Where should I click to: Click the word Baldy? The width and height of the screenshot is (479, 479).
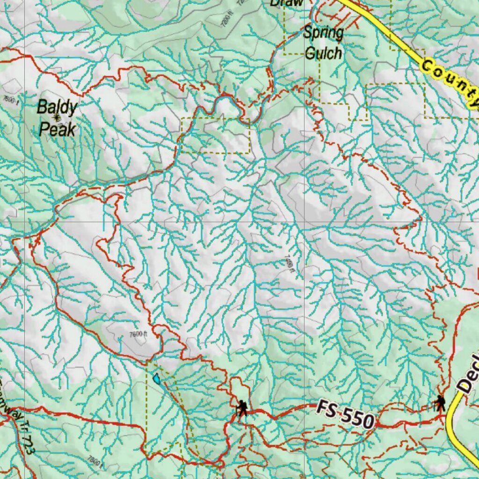tap(57, 107)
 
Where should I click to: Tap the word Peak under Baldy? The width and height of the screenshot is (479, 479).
tap(57, 129)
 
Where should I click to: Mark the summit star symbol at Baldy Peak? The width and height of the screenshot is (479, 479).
tap(57, 118)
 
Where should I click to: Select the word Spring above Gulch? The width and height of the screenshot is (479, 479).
tap(323, 33)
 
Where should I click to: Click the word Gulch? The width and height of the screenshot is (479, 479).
tap(323, 53)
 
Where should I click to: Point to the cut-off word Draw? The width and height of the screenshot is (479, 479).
tap(287, 3)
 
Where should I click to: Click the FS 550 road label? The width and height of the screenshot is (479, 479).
tap(345, 414)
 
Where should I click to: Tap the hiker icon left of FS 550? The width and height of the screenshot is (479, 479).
tap(242, 408)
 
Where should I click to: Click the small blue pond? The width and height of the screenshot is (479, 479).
tap(157, 378)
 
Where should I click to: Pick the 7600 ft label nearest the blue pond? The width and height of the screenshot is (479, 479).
tap(138, 334)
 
